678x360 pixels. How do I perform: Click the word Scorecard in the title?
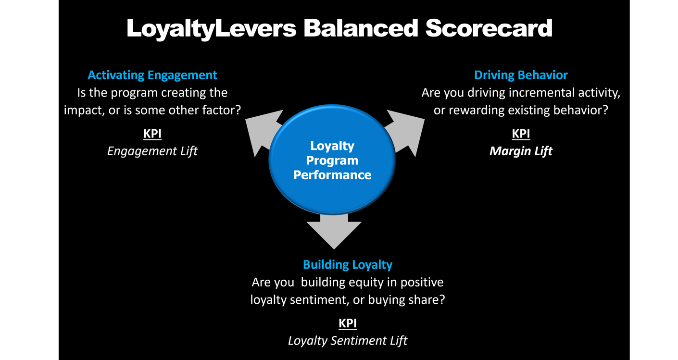tap(489, 28)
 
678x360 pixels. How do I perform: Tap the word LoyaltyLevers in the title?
tap(211, 28)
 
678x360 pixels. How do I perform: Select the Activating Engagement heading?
tap(152, 75)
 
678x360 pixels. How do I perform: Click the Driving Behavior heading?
tap(521, 75)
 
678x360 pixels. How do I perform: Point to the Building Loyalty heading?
tap(348, 264)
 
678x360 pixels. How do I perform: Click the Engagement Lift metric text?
tap(152, 151)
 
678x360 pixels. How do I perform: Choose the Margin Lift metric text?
tap(521, 151)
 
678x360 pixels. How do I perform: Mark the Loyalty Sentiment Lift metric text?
tap(348, 340)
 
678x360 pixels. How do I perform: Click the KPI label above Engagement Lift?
tap(152, 134)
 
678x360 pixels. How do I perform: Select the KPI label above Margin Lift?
tap(521, 134)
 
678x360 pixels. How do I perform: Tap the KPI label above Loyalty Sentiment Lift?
tap(348, 323)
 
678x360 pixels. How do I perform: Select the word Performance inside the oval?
tap(332, 174)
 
